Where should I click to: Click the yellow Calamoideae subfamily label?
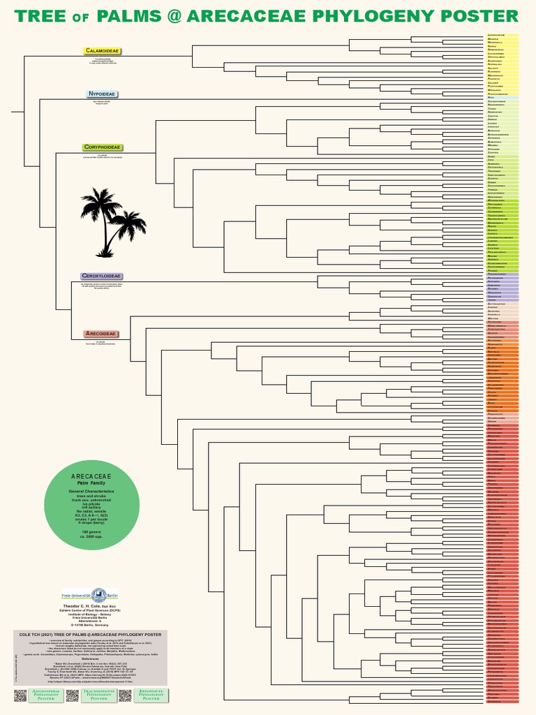click(103, 51)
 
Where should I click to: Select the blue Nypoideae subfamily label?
click(102, 94)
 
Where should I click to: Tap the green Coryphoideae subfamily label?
click(103, 147)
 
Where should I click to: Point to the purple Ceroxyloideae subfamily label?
click(102, 277)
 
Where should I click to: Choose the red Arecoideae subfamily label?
click(101, 334)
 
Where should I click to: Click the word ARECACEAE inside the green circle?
click(91, 476)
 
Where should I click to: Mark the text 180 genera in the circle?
click(91, 532)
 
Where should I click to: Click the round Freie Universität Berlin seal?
click(98, 595)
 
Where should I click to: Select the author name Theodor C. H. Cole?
click(89, 605)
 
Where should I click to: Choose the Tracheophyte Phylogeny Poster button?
click(98, 695)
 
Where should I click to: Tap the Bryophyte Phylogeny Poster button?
click(151, 695)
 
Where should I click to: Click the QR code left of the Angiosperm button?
click(20, 695)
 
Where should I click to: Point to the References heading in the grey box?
click(89, 658)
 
